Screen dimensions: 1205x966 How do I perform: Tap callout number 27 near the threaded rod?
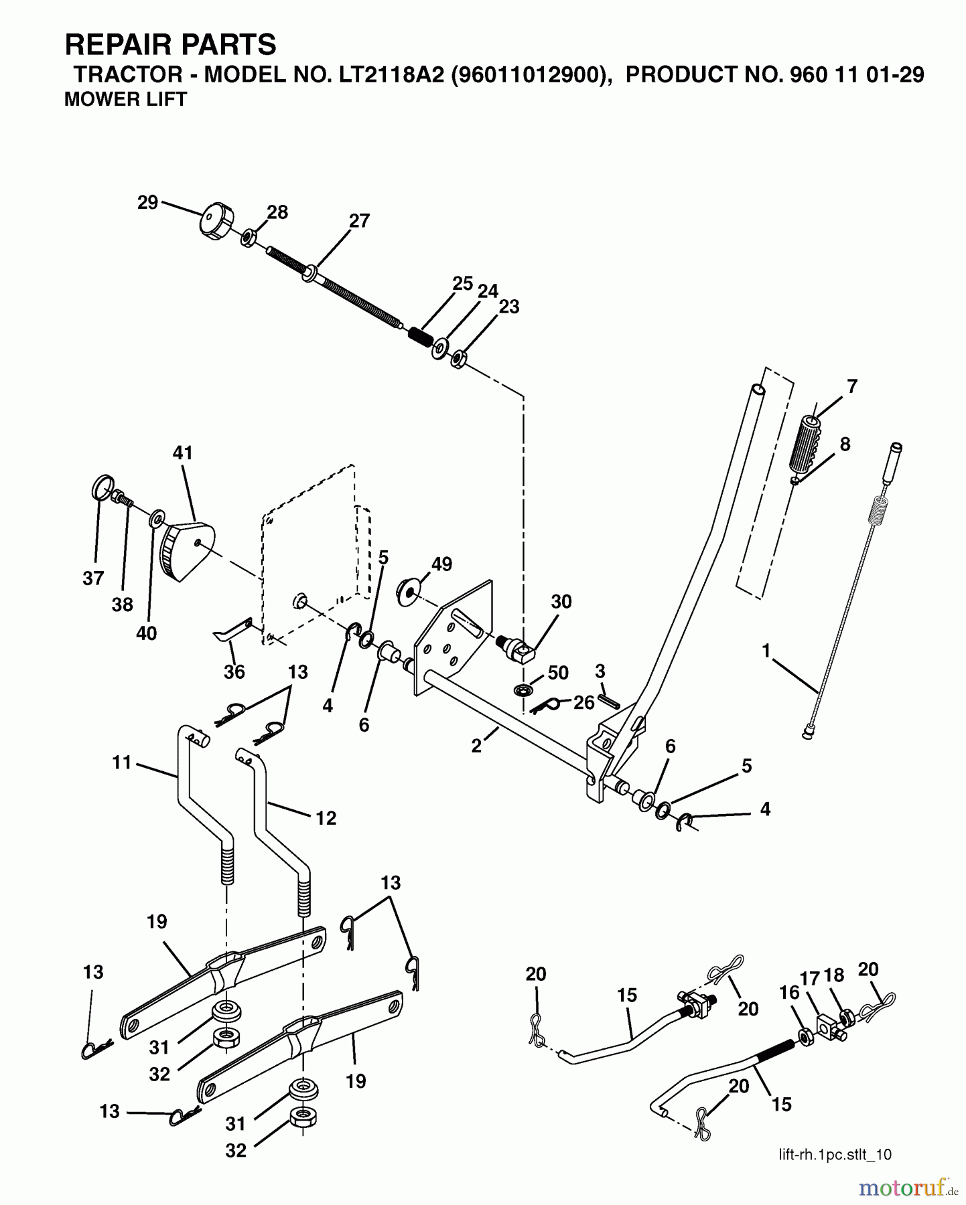tap(359, 221)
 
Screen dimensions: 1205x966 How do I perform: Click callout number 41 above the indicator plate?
tap(182, 453)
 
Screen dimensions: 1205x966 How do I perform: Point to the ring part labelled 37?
tap(99, 487)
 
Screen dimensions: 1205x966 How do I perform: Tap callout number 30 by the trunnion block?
tap(561, 602)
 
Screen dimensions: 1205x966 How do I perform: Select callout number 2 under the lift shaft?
tap(476, 746)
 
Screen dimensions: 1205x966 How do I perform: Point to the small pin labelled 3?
tap(608, 699)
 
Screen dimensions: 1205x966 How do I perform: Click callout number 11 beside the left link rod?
tap(122, 762)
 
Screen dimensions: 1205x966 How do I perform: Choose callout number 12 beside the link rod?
tap(326, 817)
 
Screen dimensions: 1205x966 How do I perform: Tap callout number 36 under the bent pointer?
tap(234, 671)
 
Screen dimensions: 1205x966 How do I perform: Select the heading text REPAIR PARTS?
tap(170, 45)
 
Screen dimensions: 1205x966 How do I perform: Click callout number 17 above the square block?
tap(810, 979)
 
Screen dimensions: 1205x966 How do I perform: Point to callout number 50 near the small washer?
tap(557, 673)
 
